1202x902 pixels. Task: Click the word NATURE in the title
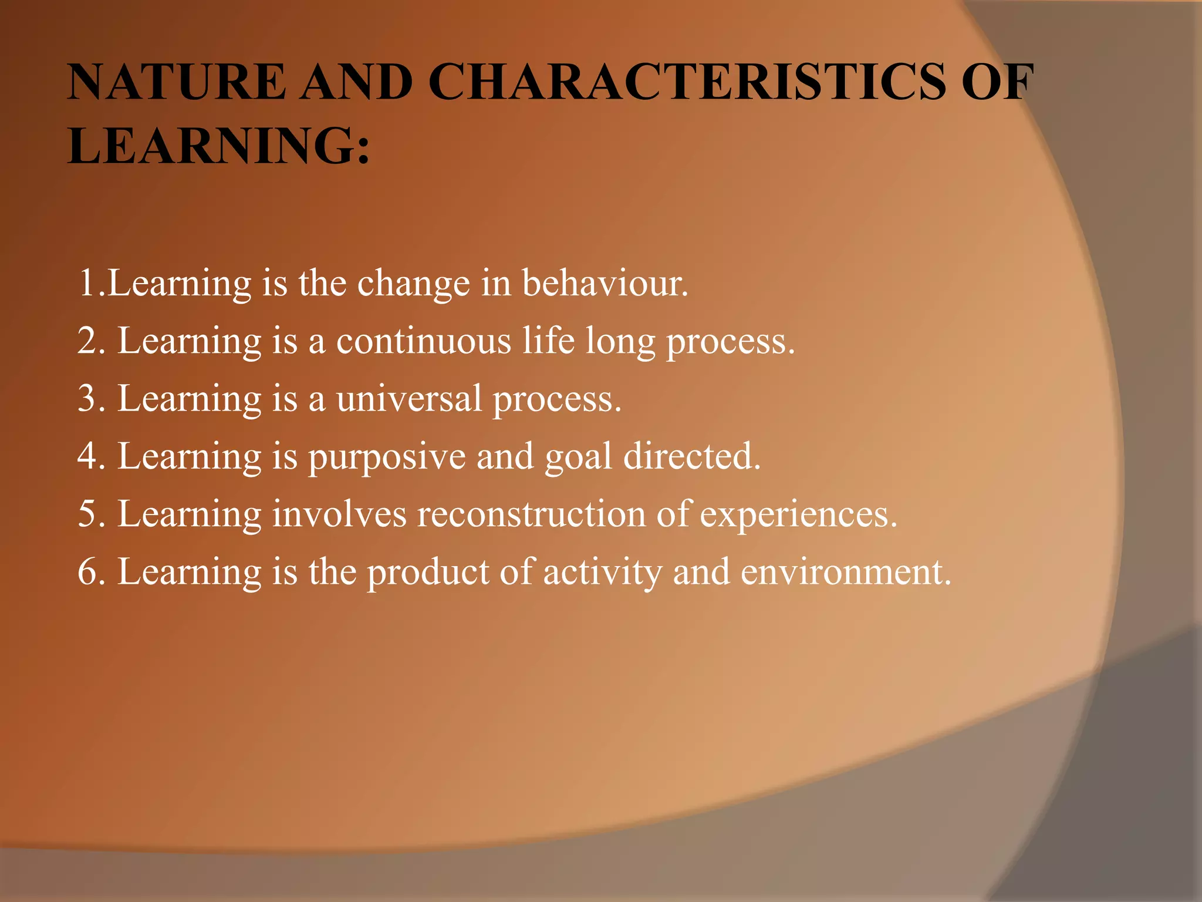click(x=177, y=82)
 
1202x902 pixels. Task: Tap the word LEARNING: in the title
click(x=219, y=145)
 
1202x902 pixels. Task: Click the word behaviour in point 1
click(x=605, y=283)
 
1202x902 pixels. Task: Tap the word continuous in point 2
click(x=423, y=341)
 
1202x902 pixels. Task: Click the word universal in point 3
click(x=409, y=398)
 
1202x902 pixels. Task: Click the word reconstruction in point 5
click(x=531, y=513)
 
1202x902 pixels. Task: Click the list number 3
click(x=87, y=398)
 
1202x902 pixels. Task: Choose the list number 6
click(x=87, y=572)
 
